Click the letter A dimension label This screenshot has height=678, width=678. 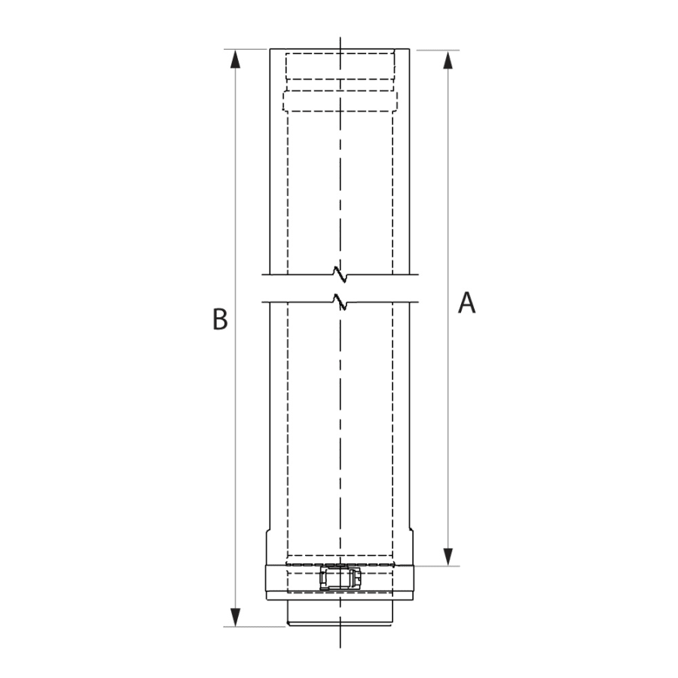pos(467,303)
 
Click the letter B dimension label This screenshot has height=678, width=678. pos(219,319)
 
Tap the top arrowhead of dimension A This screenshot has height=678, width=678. pos(449,60)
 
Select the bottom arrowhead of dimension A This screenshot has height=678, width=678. pos(449,556)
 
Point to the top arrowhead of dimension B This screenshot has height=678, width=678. pos(237,60)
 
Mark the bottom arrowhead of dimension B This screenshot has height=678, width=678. pos(237,616)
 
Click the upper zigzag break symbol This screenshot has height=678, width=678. pos(341,270)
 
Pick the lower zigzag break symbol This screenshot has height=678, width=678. pos(341,303)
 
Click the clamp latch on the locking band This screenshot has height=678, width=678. pos(341,579)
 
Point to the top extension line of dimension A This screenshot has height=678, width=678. pos(438,50)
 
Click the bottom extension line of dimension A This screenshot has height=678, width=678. pos(437,566)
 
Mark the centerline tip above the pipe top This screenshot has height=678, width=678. pos(341,39)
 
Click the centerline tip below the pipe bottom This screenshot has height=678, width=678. pos(341,645)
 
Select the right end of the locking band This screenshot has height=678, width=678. pos(415,581)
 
